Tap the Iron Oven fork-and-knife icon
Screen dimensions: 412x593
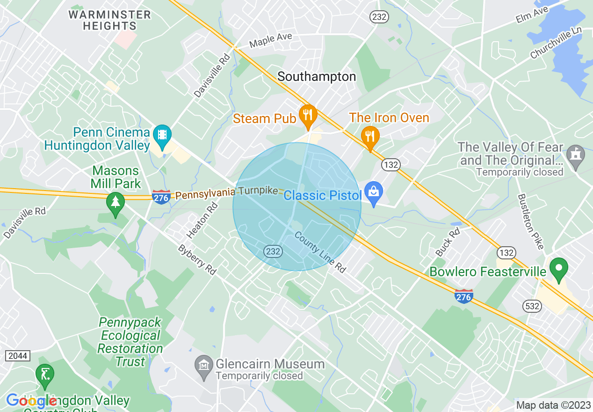pos(370,137)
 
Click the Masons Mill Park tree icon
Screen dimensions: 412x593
pos(115,203)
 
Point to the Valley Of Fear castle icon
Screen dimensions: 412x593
pos(575,154)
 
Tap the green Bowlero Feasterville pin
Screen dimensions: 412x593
pos(558,269)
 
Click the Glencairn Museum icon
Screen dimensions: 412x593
pos(203,363)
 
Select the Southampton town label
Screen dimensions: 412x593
pos(317,77)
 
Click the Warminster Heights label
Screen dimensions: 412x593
pos(110,20)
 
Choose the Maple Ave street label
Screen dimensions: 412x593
pos(270,40)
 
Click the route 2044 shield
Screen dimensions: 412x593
pos(18,356)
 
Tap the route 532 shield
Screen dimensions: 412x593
pos(533,307)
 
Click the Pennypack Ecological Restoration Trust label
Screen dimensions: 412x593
pos(130,342)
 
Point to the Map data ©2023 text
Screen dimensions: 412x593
pos(553,405)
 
